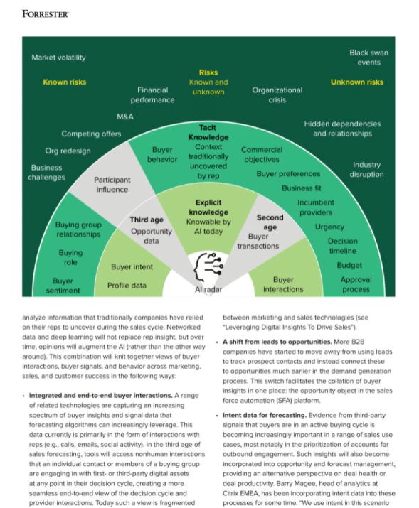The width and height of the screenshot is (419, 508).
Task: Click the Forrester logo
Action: click(46, 14)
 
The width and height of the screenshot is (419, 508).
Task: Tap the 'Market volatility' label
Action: click(59, 58)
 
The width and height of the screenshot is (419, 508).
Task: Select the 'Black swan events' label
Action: click(368, 58)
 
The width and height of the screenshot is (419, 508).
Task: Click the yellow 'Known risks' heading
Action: click(65, 82)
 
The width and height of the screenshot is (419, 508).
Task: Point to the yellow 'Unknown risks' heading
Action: click(356, 82)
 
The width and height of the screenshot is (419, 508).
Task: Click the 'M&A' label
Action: click(125, 117)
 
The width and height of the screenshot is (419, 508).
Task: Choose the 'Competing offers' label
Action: click(91, 134)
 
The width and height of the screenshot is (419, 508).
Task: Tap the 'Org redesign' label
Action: click(68, 151)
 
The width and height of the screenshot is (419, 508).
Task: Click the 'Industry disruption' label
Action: click(366, 169)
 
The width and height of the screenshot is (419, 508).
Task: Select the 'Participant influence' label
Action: click(112, 185)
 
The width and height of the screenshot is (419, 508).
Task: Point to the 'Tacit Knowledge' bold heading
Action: click(208, 132)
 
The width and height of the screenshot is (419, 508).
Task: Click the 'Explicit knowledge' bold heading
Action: click(208, 207)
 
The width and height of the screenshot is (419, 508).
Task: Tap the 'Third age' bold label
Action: click(147, 220)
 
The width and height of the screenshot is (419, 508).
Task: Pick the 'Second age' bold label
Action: click(270, 222)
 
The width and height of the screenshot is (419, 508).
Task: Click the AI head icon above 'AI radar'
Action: click(208, 267)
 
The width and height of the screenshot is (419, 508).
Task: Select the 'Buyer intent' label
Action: click(132, 267)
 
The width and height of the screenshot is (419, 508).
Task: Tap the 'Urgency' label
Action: click(329, 227)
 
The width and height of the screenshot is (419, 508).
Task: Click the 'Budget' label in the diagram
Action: click(349, 265)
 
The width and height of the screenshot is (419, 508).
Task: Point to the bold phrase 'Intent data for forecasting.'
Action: click(265, 415)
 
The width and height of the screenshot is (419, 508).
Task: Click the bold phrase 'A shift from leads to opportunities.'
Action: click(277, 342)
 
